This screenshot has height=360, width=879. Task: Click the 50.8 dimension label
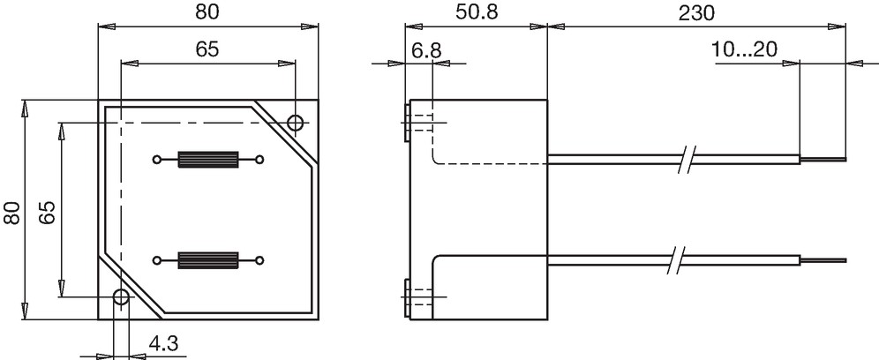point(476,11)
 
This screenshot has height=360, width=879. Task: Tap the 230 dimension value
point(696,12)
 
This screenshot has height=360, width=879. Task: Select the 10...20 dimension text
point(744,49)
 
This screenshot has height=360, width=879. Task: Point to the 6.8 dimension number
point(426,51)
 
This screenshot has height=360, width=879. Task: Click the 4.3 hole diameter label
point(163,343)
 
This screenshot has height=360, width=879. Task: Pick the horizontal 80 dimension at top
point(207,11)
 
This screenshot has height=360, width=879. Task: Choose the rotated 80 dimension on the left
point(12,213)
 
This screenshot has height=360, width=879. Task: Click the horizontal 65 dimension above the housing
point(207,49)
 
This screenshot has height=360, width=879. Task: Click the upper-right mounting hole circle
point(296,123)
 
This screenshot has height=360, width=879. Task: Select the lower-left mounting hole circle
point(121,297)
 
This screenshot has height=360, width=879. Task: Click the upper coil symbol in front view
point(208,160)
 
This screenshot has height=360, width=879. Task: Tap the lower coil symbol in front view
point(208,260)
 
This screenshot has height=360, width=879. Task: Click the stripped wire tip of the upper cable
point(823,159)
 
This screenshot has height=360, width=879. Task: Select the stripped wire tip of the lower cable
point(823,260)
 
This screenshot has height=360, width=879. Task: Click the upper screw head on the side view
point(407,123)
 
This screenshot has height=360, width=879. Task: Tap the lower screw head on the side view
point(407,297)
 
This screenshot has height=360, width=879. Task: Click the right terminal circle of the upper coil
point(259,160)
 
